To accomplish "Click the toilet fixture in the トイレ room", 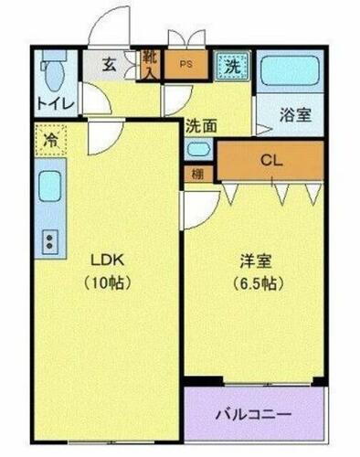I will (55, 70).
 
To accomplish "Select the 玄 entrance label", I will (108, 65).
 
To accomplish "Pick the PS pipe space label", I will (186, 65).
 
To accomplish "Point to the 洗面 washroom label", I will (201, 126).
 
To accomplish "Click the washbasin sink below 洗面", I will (196, 149).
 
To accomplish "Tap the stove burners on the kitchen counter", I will (48, 242).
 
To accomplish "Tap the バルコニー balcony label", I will (255, 414).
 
